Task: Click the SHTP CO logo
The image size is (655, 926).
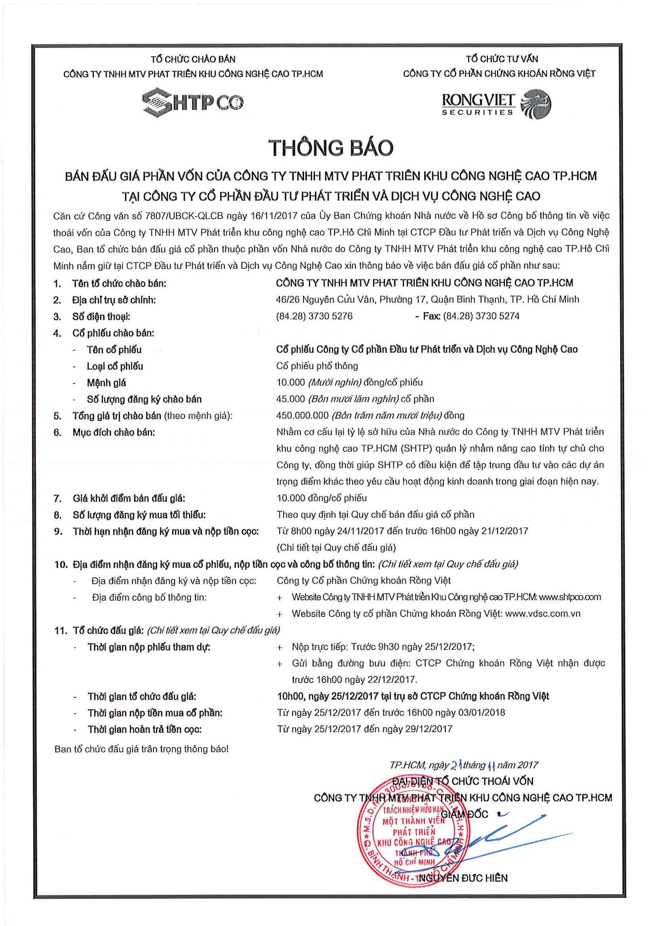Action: coord(193,102)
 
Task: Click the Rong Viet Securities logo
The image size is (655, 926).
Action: coord(496,104)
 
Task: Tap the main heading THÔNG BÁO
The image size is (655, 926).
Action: coord(331,148)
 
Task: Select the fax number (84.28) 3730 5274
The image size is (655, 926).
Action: coord(481,316)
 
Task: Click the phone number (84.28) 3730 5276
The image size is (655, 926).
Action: coord(314,316)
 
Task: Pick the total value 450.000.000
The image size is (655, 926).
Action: coord(302,416)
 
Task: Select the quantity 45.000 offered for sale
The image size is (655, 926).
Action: coord(291,399)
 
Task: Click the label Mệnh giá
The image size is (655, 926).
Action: coord(106,383)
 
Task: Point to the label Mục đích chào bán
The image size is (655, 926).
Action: coord(113,433)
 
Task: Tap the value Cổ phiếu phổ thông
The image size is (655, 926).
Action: coord(317,366)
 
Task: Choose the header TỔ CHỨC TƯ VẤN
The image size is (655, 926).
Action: coord(502,59)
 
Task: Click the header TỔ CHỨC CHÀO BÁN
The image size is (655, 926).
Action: coord(193,59)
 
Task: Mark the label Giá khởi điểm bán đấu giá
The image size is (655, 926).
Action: coord(129,499)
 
